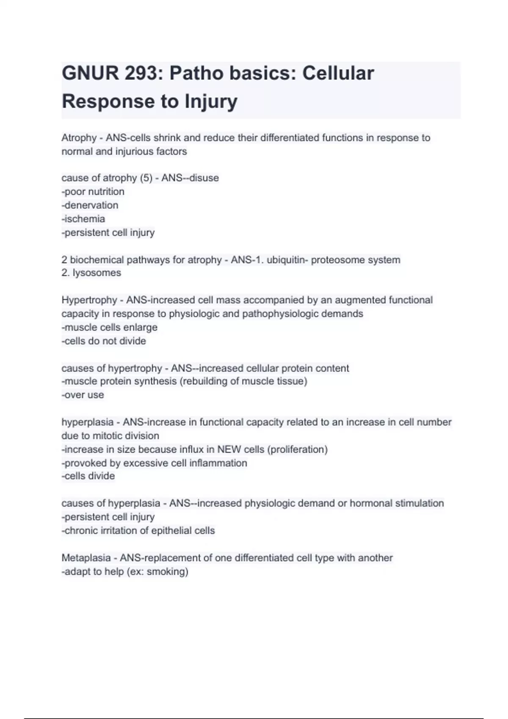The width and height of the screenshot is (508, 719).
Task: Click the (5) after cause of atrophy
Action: (x=146, y=178)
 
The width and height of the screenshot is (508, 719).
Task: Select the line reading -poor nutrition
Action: (x=93, y=192)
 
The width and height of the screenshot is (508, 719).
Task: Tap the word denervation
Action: (x=91, y=205)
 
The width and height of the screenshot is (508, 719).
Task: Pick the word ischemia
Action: (x=84, y=219)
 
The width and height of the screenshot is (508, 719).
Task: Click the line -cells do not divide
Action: (x=104, y=341)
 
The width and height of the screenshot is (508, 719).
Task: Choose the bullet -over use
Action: (x=83, y=395)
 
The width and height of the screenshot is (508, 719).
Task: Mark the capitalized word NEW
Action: (x=229, y=449)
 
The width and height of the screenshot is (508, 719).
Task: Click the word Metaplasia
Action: (x=86, y=558)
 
